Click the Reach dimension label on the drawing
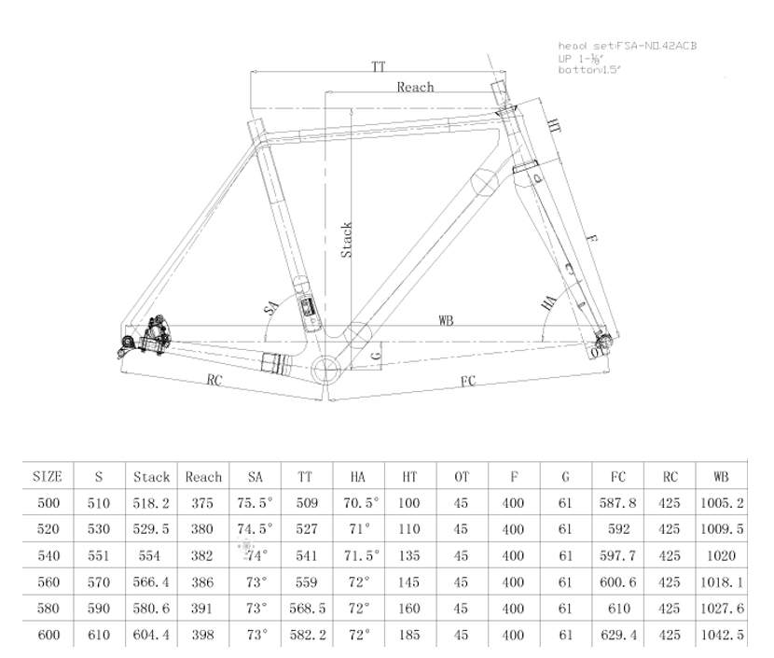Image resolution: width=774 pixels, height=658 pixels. pos(415,87)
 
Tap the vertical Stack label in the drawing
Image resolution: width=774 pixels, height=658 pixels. pos(346,240)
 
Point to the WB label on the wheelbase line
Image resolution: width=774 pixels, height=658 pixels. pos(446,320)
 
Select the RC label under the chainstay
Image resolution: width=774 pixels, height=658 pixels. pos(214,380)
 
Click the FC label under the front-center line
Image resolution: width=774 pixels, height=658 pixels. pos(468,381)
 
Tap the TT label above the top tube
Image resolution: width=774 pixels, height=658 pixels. pos(378,67)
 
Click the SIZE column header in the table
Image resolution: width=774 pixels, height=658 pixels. pos(47,476)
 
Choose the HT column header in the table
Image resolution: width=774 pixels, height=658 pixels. pos(409,476)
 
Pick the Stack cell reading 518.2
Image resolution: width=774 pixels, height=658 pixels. pos(151,502)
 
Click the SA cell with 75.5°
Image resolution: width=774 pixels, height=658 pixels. pos(255,502)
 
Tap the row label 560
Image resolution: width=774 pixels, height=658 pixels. pos(47,581)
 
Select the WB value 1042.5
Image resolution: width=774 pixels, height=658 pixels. pos(724,635)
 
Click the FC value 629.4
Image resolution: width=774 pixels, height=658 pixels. pos(617,635)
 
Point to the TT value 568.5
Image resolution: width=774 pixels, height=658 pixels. pos(307,609)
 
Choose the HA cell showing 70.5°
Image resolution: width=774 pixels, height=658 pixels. pos(358,502)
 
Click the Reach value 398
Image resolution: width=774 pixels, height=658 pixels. pos(203,635)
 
